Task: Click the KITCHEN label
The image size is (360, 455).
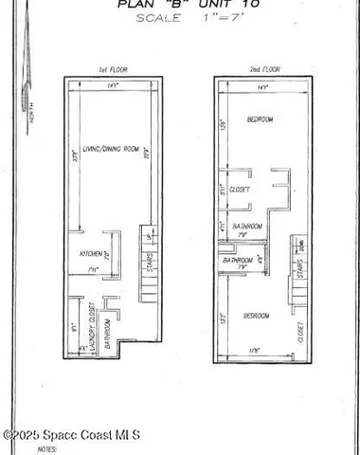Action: pyautogui.click(x=92, y=254)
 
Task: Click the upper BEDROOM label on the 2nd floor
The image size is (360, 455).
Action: pyautogui.click(x=261, y=120)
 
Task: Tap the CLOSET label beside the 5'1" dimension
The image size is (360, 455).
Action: pyautogui.click(x=241, y=190)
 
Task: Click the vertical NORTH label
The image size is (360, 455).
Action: pyautogui.click(x=31, y=118)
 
